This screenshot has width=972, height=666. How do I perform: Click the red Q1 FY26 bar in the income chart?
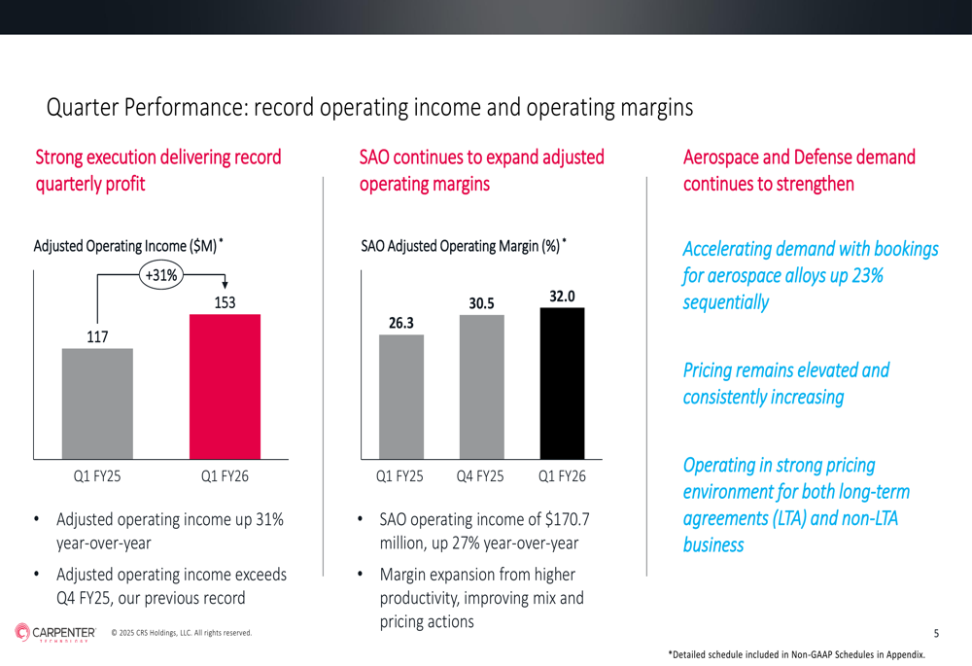pos(225,386)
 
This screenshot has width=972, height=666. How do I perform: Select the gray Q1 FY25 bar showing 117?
pos(97,403)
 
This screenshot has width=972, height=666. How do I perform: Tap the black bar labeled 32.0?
pos(562,383)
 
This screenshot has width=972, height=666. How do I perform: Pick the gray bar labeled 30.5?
pos(481,387)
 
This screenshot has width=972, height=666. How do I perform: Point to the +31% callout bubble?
pos(161,275)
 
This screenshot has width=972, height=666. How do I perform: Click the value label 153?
pos(225,303)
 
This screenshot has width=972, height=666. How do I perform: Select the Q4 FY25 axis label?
pos(480,476)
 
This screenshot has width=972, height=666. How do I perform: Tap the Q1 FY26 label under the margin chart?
pos(562,476)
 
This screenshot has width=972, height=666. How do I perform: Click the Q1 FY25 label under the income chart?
pos(97,476)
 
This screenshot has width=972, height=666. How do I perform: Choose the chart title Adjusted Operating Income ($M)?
pos(125,247)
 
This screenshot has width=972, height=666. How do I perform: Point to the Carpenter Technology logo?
pos(55,633)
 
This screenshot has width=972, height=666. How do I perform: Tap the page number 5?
pos(936,634)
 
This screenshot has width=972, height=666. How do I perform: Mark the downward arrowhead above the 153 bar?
pos(225,284)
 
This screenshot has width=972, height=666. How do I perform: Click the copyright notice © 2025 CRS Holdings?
pos(182,634)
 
